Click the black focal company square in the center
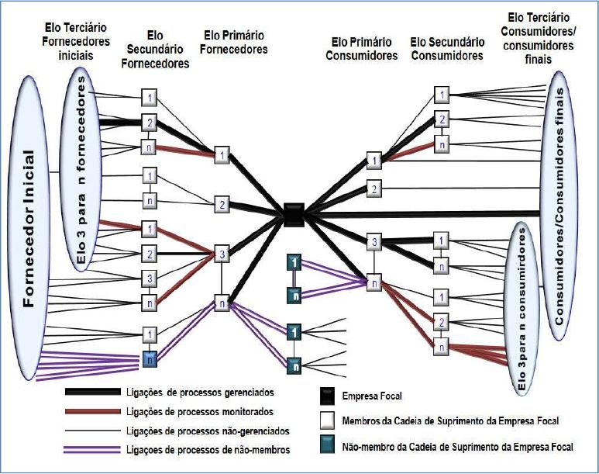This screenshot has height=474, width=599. [293, 213]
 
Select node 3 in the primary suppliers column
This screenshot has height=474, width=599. [222, 253]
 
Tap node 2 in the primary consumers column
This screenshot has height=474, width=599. [374, 189]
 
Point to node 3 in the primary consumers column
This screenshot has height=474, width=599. [374, 243]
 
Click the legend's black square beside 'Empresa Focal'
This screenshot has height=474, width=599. [328, 396]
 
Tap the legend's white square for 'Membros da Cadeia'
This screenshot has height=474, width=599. [328, 421]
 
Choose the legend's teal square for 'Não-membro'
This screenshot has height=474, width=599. [328, 447]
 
